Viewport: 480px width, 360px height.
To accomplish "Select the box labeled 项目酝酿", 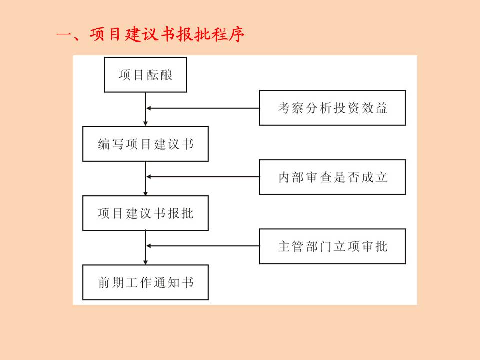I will tap(145, 75).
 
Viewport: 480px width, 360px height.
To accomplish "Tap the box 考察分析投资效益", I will tap(332, 108).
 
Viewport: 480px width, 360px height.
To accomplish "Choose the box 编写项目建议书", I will tap(145, 144).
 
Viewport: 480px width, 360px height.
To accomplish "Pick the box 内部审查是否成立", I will tap(332, 177).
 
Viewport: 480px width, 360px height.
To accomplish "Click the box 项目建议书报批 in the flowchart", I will tap(145, 213).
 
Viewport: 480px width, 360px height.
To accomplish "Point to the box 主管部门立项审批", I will tap(332, 246).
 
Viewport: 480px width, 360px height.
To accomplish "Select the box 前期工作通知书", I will tap(145, 283).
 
